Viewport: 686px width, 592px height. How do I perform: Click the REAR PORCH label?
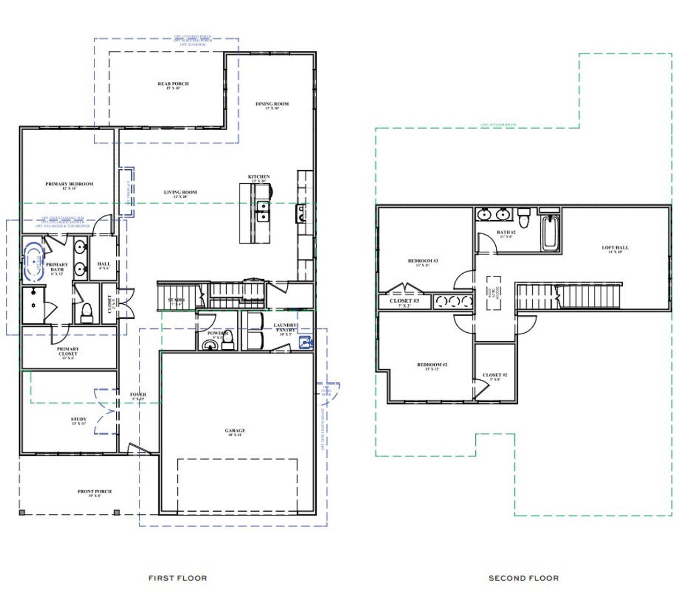coord(173,84)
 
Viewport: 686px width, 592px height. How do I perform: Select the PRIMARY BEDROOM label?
coord(69,184)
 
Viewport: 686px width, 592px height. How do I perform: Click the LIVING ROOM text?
coord(180,192)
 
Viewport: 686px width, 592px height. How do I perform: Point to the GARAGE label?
coord(235,431)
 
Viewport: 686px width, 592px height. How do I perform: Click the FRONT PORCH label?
coord(94,491)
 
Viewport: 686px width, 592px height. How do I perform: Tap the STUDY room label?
coord(78,419)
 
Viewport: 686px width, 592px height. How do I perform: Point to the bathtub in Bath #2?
coord(549,234)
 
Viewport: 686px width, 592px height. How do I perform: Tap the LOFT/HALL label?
coord(615,248)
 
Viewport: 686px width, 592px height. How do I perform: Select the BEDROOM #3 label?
coord(423,261)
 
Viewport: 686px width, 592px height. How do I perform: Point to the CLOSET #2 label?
coord(495,376)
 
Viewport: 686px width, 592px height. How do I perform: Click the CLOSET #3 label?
coord(404,301)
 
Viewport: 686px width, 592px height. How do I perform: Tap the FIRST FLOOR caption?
coord(177,578)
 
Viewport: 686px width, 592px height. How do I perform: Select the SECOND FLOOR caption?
coord(523,578)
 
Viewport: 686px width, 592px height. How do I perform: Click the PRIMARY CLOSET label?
coord(68,351)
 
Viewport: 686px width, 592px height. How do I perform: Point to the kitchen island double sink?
coord(263,211)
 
